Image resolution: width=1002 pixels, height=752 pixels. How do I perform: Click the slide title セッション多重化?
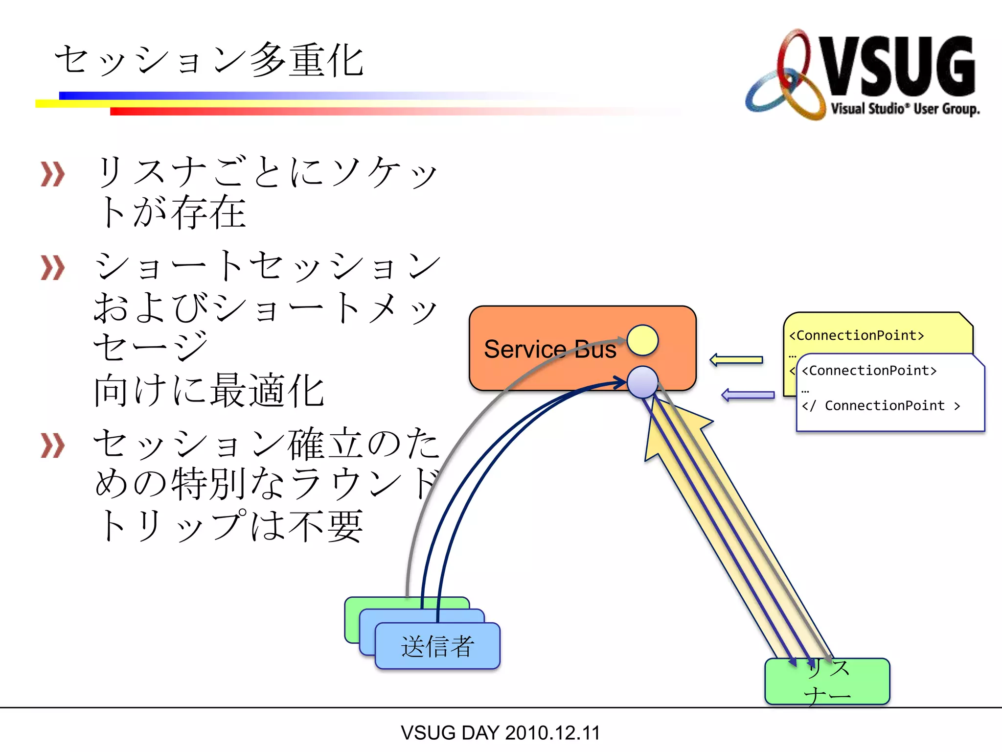click(209, 61)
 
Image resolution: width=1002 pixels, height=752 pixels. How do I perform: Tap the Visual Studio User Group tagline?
click(905, 109)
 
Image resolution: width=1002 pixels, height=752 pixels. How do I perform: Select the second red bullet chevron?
click(52, 268)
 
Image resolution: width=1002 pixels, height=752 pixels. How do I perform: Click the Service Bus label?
click(550, 350)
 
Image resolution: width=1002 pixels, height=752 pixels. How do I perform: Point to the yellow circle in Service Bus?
click(642, 340)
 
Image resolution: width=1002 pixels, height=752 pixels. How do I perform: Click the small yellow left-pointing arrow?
click(736, 360)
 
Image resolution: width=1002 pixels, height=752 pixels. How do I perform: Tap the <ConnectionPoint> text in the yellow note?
click(856, 336)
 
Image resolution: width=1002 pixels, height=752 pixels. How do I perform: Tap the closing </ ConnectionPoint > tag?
click(881, 406)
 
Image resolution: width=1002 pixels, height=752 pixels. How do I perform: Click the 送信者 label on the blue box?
click(437, 646)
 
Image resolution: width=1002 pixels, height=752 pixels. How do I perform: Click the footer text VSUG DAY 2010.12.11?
click(500, 733)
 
